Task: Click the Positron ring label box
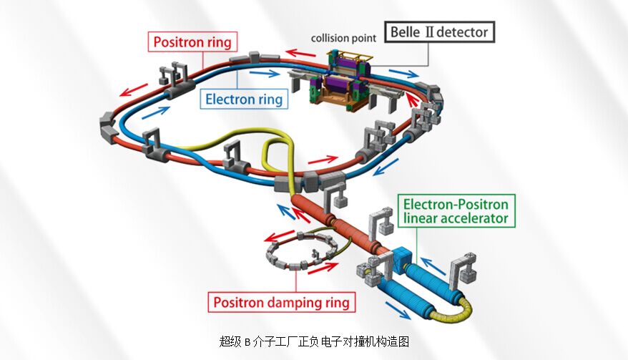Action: [191, 42]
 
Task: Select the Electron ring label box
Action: [244, 99]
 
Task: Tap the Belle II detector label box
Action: [438, 31]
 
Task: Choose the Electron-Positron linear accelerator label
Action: [456, 211]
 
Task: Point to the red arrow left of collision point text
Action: [295, 52]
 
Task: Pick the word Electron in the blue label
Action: [228, 99]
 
